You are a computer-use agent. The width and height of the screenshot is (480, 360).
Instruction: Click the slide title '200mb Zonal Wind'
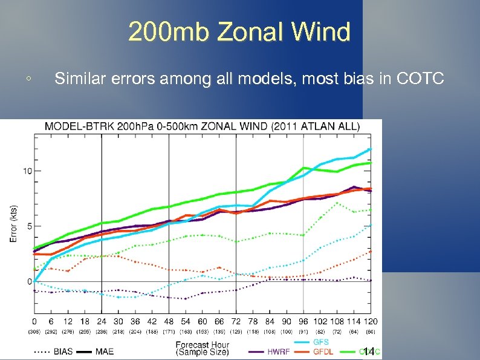coord(239,31)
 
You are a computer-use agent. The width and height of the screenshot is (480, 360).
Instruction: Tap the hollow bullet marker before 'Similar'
coord(28,79)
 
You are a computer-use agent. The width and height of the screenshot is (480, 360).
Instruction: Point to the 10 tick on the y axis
coord(28,171)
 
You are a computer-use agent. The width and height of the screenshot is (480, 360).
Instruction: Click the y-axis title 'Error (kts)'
coord(13,222)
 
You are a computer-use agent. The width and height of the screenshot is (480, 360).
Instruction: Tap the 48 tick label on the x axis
coord(169,321)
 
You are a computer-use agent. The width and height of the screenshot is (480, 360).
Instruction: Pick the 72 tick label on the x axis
coord(236,321)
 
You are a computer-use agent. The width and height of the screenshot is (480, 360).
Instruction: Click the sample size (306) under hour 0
coord(34,333)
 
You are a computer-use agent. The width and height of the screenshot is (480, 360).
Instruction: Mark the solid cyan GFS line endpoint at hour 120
coord(369,149)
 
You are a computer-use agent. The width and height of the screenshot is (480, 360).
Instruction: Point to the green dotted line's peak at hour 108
coord(337,203)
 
